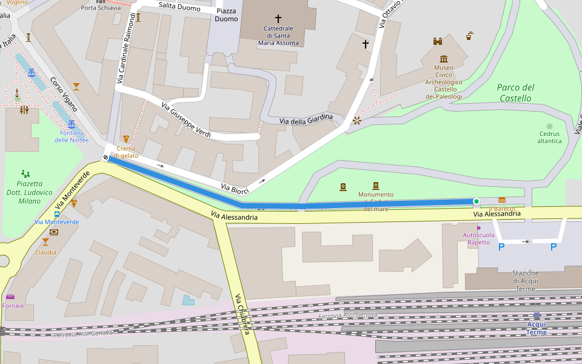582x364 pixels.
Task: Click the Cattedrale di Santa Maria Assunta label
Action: [x=278, y=36]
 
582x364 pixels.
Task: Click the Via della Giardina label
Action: [x=306, y=119]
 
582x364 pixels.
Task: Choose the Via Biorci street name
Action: [x=235, y=189]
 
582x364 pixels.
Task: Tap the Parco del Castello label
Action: [x=515, y=92]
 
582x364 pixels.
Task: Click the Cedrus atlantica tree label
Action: [x=550, y=137]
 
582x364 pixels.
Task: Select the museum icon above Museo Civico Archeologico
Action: [x=444, y=59]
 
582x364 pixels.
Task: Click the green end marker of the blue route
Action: [x=477, y=201]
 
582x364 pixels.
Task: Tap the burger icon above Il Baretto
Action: [x=501, y=200]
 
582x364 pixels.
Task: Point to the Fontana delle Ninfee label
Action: [x=72, y=136]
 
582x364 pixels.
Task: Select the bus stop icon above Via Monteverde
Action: [x=56, y=214]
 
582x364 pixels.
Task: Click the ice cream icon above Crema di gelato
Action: [x=126, y=139]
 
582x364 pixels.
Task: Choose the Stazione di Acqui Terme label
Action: [x=525, y=281]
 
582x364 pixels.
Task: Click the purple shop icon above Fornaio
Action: [x=10, y=297]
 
